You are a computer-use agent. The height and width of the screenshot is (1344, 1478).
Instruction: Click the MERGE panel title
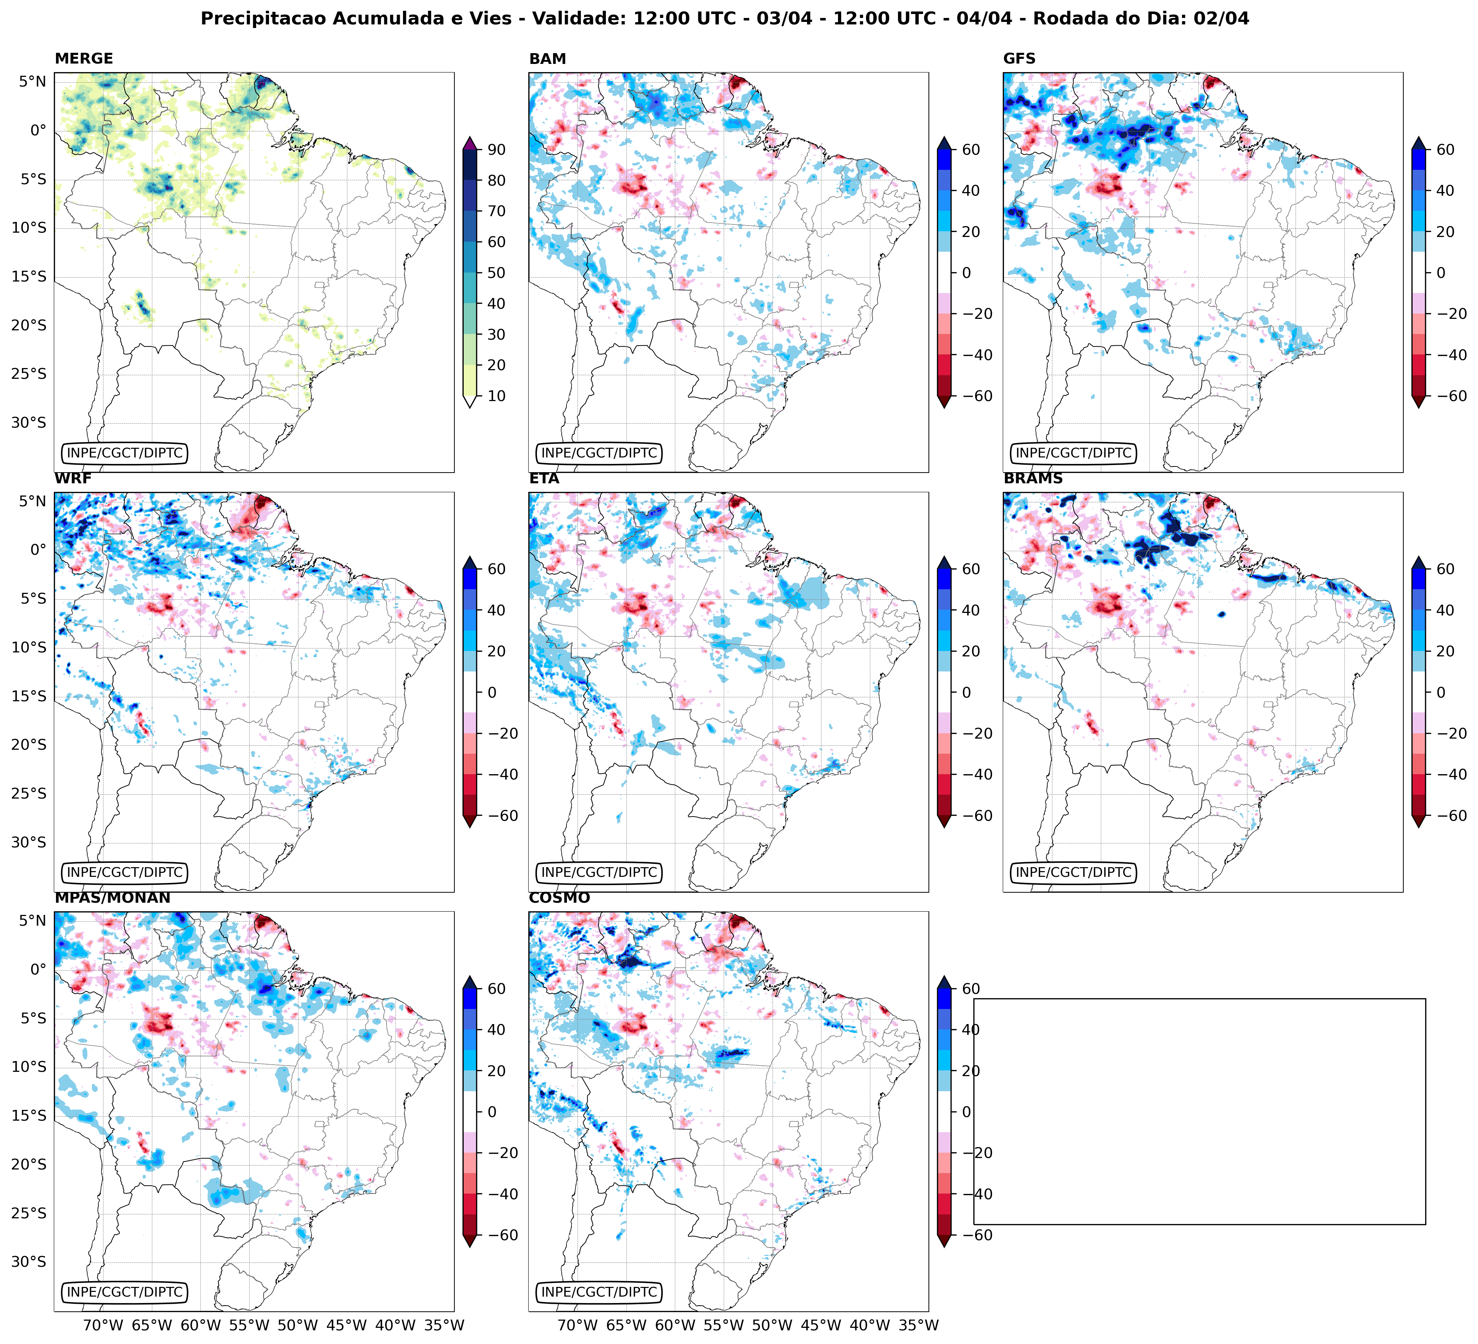[84, 59]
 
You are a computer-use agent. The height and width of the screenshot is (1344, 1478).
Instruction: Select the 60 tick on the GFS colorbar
[1445, 149]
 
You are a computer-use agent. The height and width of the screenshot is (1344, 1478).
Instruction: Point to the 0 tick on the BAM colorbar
[966, 273]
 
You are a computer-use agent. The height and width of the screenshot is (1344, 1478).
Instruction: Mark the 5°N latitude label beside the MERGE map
[32, 82]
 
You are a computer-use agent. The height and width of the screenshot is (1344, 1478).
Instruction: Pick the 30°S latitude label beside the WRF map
[29, 842]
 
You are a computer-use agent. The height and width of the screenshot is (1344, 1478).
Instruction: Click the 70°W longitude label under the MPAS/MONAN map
[103, 1325]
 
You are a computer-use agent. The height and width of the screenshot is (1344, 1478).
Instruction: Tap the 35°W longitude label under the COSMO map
[919, 1325]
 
